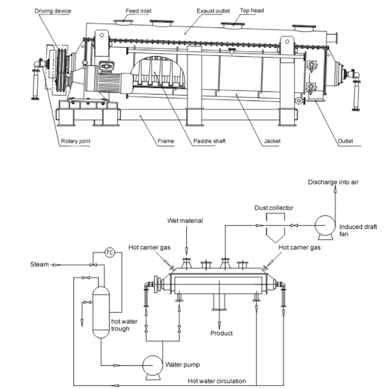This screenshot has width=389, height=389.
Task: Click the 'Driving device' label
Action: (x=53, y=10)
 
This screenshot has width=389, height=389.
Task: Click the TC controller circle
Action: (x=109, y=252)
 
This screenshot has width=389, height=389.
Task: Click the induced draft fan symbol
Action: (x=325, y=226)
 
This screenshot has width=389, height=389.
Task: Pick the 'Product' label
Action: (x=221, y=333)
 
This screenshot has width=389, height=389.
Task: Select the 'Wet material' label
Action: (x=185, y=220)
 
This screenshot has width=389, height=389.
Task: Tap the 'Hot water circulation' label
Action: (x=217, y=381)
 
